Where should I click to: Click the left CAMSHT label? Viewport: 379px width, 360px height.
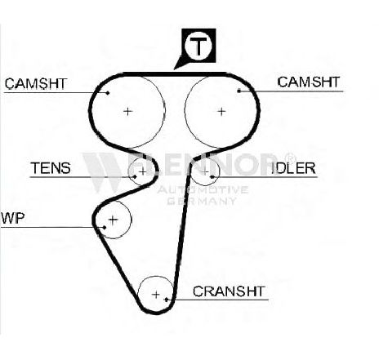point(36,83)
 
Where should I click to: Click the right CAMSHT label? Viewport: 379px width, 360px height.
point(309,82)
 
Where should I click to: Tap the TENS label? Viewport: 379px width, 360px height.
point(51,168)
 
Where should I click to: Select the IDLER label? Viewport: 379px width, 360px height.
point(294,168)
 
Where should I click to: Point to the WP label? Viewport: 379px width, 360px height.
point(13,218)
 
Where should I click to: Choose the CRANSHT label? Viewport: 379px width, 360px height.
point(229,291)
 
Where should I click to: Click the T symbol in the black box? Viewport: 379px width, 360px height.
point(198,46)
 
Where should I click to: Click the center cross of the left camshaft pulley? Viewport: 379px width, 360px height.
point(127,111)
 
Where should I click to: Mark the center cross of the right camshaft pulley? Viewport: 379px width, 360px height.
point(221,111)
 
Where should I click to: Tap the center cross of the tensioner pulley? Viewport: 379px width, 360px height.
point(142,171)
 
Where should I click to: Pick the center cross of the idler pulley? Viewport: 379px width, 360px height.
point(205,171)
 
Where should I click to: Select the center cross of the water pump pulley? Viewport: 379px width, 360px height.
point(113,220)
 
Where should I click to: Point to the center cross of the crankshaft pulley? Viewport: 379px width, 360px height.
point(156,295)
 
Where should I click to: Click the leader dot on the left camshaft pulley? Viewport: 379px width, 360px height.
point(108,93)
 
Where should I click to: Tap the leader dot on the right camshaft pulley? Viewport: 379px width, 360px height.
point(239,91)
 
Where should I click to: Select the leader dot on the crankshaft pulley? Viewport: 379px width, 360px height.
point(167,300)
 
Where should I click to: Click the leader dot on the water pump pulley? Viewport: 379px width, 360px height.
point(105,227)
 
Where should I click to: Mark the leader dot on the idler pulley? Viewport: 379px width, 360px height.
point(212,177)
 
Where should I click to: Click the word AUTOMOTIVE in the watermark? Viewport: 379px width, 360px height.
point(203,189)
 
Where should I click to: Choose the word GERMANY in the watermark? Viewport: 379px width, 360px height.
point(201,201)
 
